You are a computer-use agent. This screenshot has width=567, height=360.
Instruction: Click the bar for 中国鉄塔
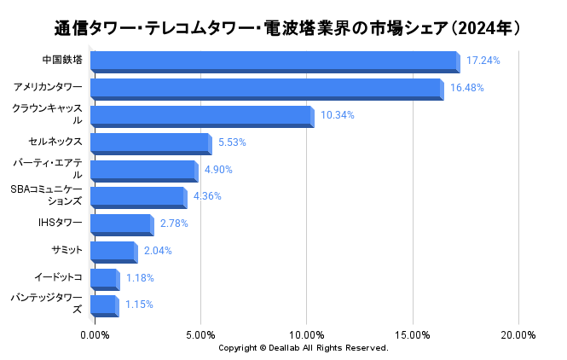click(273, 61)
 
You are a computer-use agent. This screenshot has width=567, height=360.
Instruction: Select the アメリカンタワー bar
click(265, 89)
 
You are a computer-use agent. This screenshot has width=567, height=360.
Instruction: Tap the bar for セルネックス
click(149, 142)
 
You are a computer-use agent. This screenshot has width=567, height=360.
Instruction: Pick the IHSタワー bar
click(119, 224)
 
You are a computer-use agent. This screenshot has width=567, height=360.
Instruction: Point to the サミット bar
click(112, 251)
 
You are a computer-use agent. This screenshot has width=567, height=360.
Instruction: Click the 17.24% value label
click(483, 61)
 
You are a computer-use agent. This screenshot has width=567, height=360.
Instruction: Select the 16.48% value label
click(466, 88)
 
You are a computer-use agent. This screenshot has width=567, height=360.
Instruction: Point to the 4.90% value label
click(218, 170)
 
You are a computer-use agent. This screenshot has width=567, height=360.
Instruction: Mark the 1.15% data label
click(139, 305)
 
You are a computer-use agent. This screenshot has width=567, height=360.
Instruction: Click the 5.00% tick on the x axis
click(200, 334)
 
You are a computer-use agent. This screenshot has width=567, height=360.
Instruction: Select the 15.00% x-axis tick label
click(412, 334)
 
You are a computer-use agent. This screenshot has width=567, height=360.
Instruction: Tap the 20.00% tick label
click(518, 334)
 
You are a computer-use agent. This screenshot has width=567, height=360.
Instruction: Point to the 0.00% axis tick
click(94, 334)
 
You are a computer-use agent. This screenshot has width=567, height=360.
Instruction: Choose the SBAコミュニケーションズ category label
click(47, 195)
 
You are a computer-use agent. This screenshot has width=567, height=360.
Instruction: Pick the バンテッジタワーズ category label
click(47, 304)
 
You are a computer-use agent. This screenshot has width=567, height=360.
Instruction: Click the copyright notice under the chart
click(303, 348)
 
